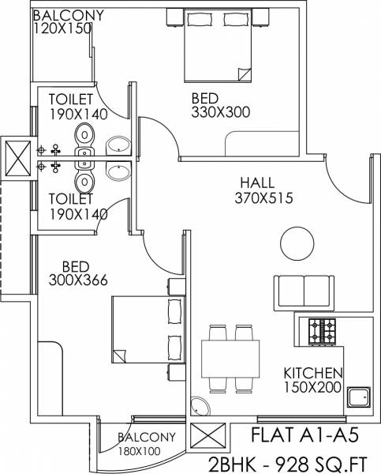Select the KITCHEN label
[312, 373]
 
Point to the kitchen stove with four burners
[322, 330]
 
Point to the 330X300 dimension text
[220, 112]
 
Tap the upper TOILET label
[70, 100]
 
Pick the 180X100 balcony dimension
[140, 451]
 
